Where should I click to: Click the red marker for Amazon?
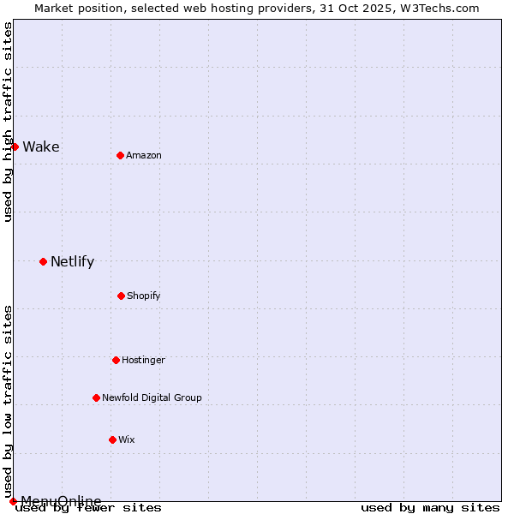[x=120, y=155]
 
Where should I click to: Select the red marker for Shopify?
[x=121, y=296]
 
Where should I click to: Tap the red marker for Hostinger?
[x=116, y=360]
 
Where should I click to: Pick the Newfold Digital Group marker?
[x=96, y=397]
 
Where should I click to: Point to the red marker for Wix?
[x=112, y=439]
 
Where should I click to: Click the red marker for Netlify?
[x=43, y=261]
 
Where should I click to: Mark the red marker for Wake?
[x=15, y=146]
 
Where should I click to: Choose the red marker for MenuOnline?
[x=13, y=501]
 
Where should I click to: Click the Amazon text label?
[x=144, y=155]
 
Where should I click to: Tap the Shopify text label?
[x=144, y=296]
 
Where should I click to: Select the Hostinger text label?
[x=143, y=360]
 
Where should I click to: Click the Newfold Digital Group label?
[x=152, y=397]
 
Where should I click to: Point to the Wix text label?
[x=127, y=439]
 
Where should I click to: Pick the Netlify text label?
[x=73, y=261]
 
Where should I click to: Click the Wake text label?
[x=41, y=146]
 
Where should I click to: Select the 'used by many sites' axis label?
[x=430, y=507]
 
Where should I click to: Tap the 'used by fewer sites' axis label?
[x=88, y=507]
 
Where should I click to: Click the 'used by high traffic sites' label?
[x=8, y=122]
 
